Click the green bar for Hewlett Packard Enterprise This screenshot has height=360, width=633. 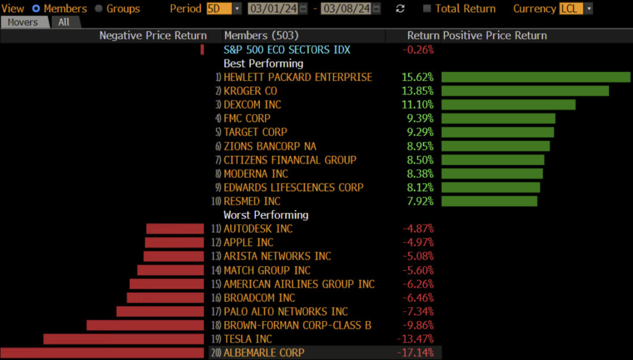pyautogui.click(x=535, y=77)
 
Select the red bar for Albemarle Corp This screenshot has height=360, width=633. pyautogui.click(x=102, y=353)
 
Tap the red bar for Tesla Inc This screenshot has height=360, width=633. pyautogui.click(x=123, y=339)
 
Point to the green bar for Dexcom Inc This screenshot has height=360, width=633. pyautogui.click(x=508, y=105)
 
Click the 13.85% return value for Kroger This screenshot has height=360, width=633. pyautogui.click(x=417, y=91)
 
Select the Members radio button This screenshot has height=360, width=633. pyautogui.click(x=36, y=9)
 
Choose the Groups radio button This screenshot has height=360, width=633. pyautogui.click(x=99, y=9)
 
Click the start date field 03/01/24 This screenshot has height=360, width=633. pyautogui.click(x=273, y=9)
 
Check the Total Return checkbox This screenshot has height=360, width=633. pyautogui.click(x=427, y=9)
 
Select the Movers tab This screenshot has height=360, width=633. pyautogui.click(x=23, y=22)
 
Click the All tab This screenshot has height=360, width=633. pyautogui.click(x=64, y=22)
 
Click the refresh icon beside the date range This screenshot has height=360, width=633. pyautogui.click(x=400, y=9)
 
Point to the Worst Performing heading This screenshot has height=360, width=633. pyautogui.click(x=266, y=215)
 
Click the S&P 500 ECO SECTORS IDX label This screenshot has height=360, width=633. pyautogui.click(x=287, y=49)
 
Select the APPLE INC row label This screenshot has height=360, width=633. pyautogui.click(x=249, y=242)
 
